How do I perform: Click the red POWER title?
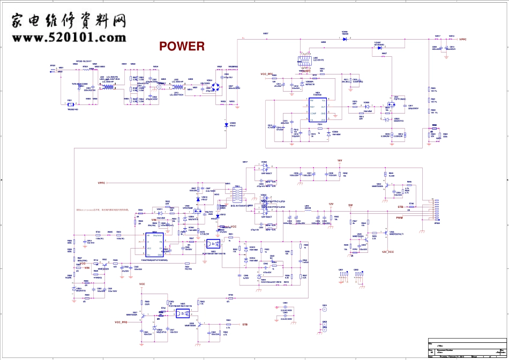coord(182,47)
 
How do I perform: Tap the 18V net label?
coord(339,160)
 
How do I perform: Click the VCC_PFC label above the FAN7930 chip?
coord(270,76)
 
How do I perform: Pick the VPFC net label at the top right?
coord(463,39)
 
